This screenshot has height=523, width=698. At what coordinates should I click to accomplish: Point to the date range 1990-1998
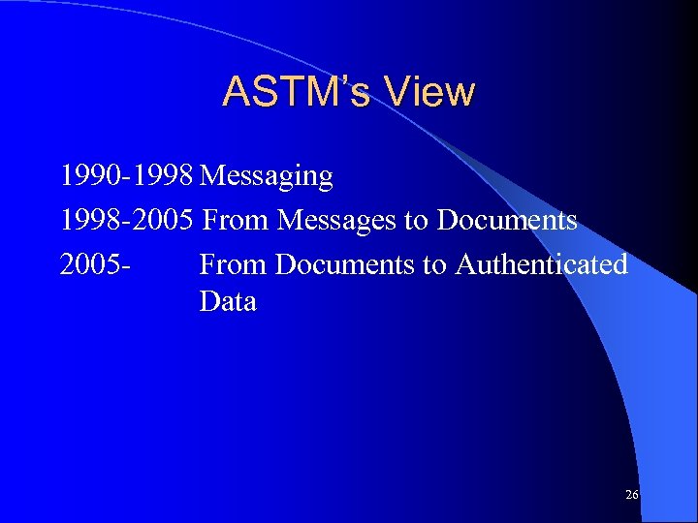127,176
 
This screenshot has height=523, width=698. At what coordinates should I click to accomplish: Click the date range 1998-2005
127,220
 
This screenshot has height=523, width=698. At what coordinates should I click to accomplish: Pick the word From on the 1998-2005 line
237,220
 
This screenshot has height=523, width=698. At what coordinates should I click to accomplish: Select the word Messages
336,221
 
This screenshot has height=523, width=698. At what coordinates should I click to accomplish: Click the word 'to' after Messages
416,221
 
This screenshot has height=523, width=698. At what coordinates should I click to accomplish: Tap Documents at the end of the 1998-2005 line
507,220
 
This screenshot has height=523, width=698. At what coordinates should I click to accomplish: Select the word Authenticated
541,263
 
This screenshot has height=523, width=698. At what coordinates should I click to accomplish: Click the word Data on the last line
228,301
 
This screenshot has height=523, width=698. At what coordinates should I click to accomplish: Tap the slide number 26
632,495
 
